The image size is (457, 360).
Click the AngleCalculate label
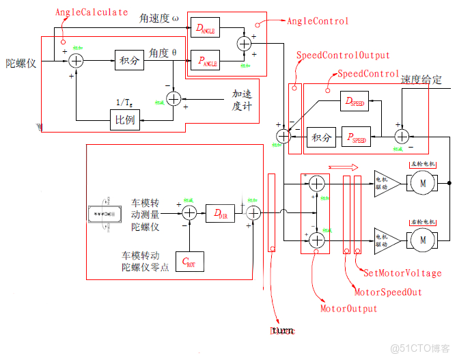[91, 12]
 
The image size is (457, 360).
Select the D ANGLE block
[205, 28]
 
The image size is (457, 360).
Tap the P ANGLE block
[205, 61]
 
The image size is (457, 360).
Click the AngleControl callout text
[318, 21]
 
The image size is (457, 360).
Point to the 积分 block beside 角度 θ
[129, 61]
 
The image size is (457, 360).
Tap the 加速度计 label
[242, 100]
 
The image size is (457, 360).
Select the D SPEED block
[354, 102]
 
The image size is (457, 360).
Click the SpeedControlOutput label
[342, 55]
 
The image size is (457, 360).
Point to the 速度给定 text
[421, 79]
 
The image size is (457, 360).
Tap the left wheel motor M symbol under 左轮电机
[422, 183]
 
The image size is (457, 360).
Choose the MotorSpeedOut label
[387, 292]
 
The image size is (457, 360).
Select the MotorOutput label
[348, 309]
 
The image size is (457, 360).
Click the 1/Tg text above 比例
[125, 102]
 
